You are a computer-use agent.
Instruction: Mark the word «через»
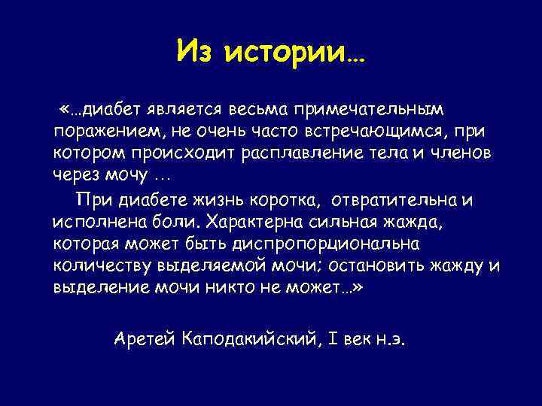point(76,174)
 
